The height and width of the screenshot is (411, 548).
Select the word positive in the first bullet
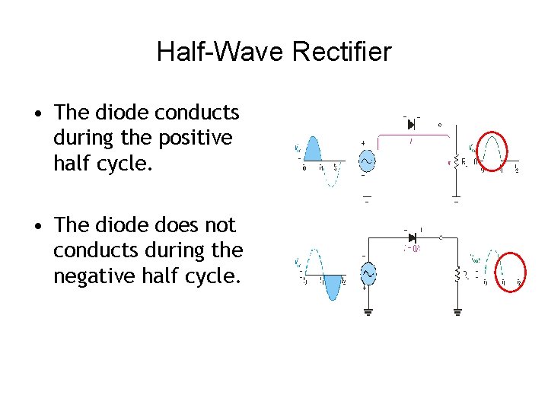tap(194, 139)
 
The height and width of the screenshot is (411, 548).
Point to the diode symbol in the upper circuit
tap(411, 124)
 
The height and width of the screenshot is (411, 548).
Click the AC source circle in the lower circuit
tap(369, 272)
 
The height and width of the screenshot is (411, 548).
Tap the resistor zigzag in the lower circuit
tap(457, 274)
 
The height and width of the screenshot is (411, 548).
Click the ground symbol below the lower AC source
tap(369, 311)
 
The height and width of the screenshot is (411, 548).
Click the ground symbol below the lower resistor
tap(457, 311)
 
